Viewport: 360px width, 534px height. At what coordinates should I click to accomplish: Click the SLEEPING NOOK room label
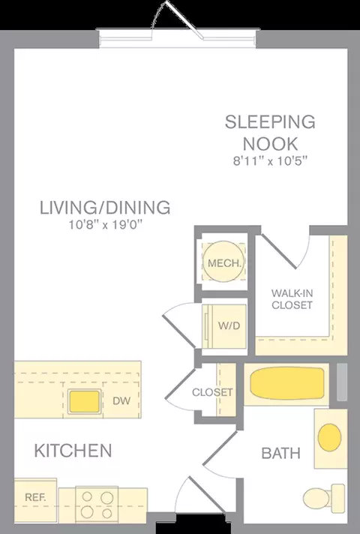tap(270, 133)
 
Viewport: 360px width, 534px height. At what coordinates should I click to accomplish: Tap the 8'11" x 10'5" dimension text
tap(271, 160)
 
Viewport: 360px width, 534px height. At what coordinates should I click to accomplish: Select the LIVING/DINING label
tap(105, 208)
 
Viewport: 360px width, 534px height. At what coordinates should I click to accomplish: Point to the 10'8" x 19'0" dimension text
tap(105, 225)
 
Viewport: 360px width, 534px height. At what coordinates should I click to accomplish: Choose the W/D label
tap(229, 325)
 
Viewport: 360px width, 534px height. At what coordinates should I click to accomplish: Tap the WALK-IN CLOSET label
tap(292, 298)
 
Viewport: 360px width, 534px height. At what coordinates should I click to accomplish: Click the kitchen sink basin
tap(85, 401)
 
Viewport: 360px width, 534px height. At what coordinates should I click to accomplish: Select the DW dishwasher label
tap(121, 400)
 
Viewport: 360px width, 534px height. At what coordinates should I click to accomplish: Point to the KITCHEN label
tap(73, 451)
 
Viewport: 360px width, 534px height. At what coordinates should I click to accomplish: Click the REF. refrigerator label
tap(35, 497)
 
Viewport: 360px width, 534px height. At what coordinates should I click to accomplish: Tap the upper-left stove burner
tap(87, 497)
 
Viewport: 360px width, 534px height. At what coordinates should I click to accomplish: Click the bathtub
tap(286, 383)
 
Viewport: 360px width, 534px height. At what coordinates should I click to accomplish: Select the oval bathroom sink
tap(329, 437)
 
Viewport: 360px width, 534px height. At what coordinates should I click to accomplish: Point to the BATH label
tap(281, 453)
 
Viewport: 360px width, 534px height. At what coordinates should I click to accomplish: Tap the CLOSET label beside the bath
tap(212, 392)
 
